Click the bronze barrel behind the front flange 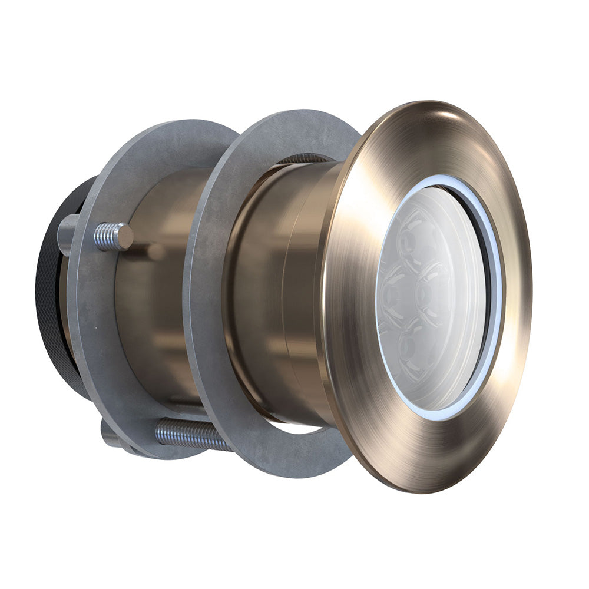pyautogui.click(x=277, y=283)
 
